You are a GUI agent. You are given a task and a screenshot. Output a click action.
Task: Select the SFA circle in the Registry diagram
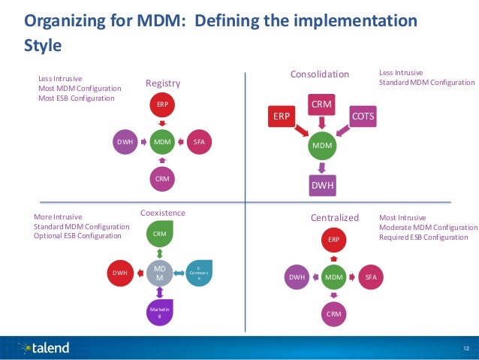coord(199,141)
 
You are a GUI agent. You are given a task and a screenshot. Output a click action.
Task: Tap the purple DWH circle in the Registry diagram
coord(125,141)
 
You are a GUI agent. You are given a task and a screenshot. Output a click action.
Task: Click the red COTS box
coord(363,117)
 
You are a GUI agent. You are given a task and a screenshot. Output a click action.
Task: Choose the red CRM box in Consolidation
coord(322,103)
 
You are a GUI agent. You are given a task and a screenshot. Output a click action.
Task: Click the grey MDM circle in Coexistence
coord(160,272)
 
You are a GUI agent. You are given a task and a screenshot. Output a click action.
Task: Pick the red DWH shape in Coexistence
coord(119,273)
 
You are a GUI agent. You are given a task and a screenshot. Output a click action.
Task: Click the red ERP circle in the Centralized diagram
coord(332,240)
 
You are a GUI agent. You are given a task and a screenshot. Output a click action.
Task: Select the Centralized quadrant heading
coord(335,218)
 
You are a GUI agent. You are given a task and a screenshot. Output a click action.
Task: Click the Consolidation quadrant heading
coord(320,74)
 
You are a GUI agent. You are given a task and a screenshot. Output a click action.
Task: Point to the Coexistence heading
coord(162,213)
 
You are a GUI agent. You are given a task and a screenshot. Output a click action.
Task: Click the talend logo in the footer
coord(45,347)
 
